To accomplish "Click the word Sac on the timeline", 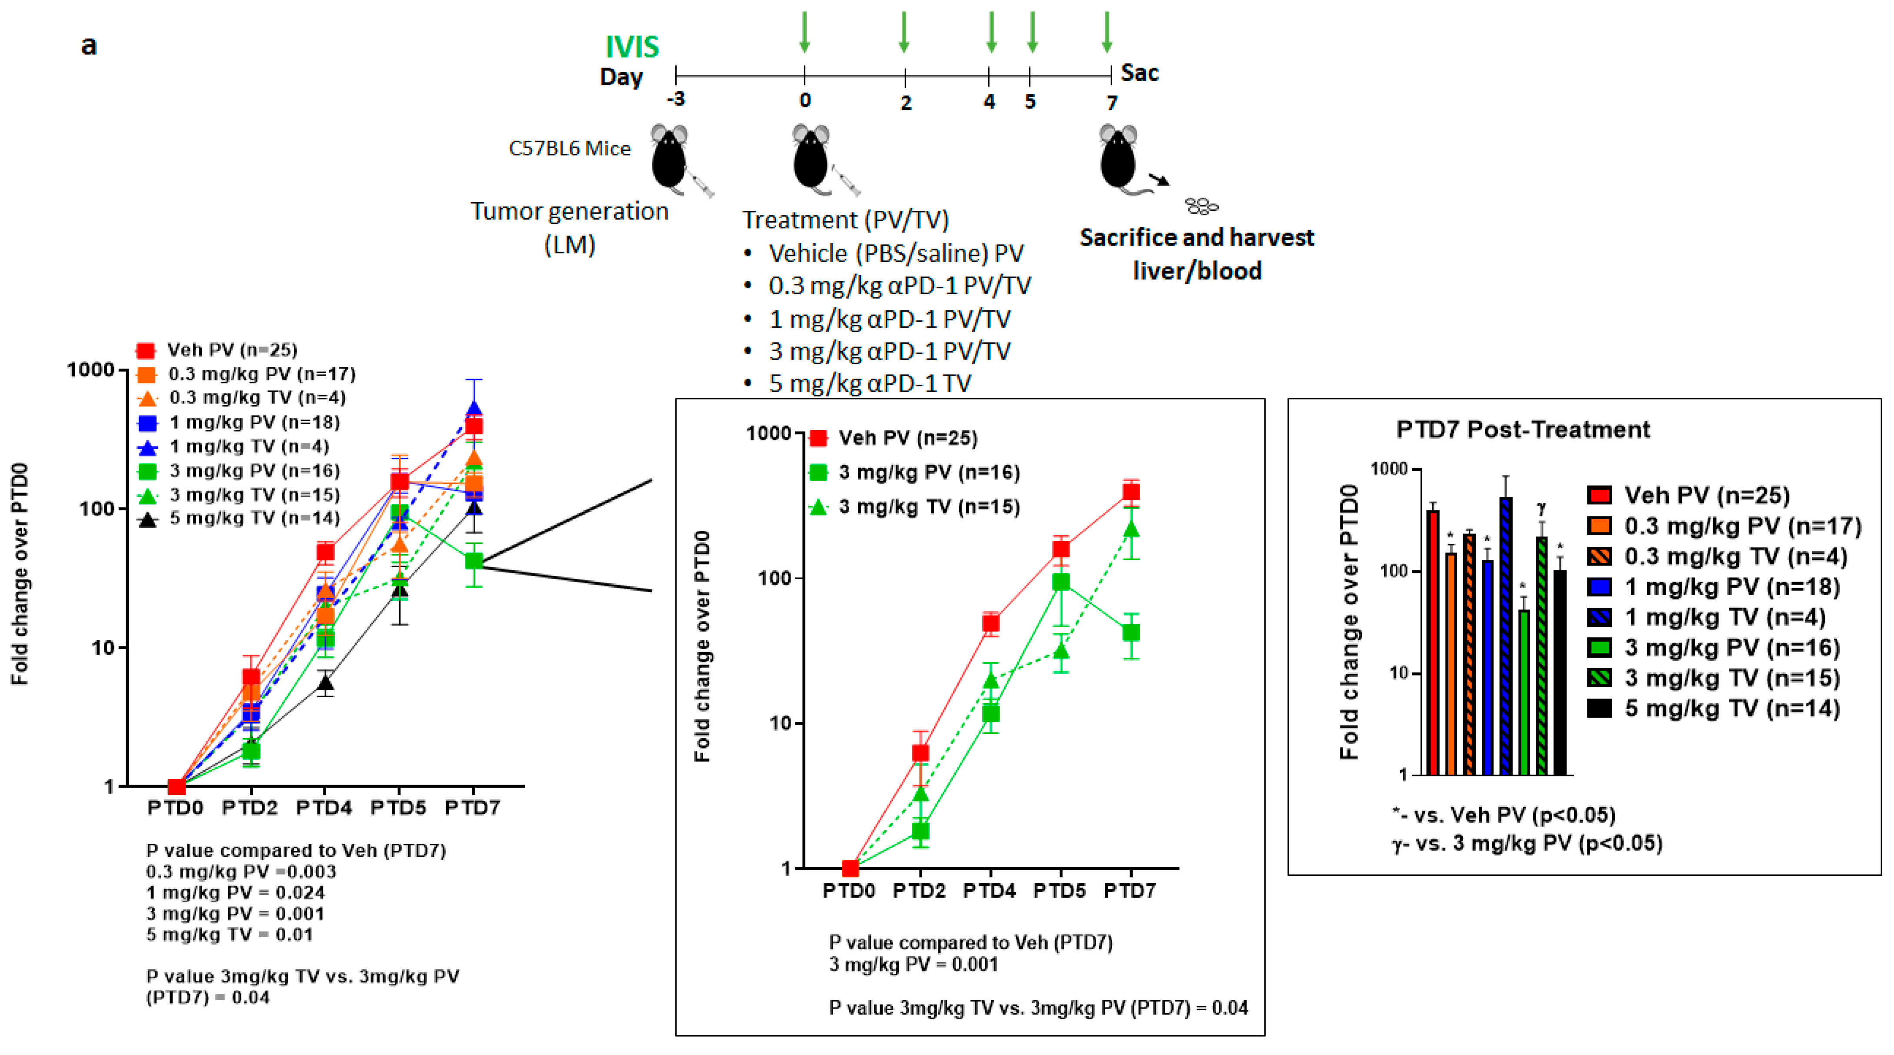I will pyautogui.click(x=1139, y=73).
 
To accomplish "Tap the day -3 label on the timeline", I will pyautogui.click(x=676, y=99).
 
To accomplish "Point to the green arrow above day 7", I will pyautogui.click(x=1107, y=32).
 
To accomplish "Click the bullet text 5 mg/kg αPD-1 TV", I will pyautogui.click(x=869, y=383).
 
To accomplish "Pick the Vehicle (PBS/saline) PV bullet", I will pyautogui.click(x=896, y=253).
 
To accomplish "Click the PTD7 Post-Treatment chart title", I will pyautogui.click(x=1523, y=429).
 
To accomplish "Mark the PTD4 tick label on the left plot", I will pyautogui.click(x=324, y=808).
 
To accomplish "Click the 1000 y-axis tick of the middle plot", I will pyautogui.click(x=768, y=433).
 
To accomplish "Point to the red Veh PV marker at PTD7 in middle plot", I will pyautogui.click(x=1131, y=492).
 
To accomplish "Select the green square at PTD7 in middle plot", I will pyautogui.click(x=1131, y=632).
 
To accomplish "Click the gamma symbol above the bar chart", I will pyautogui.click(x=1541, y=507).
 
